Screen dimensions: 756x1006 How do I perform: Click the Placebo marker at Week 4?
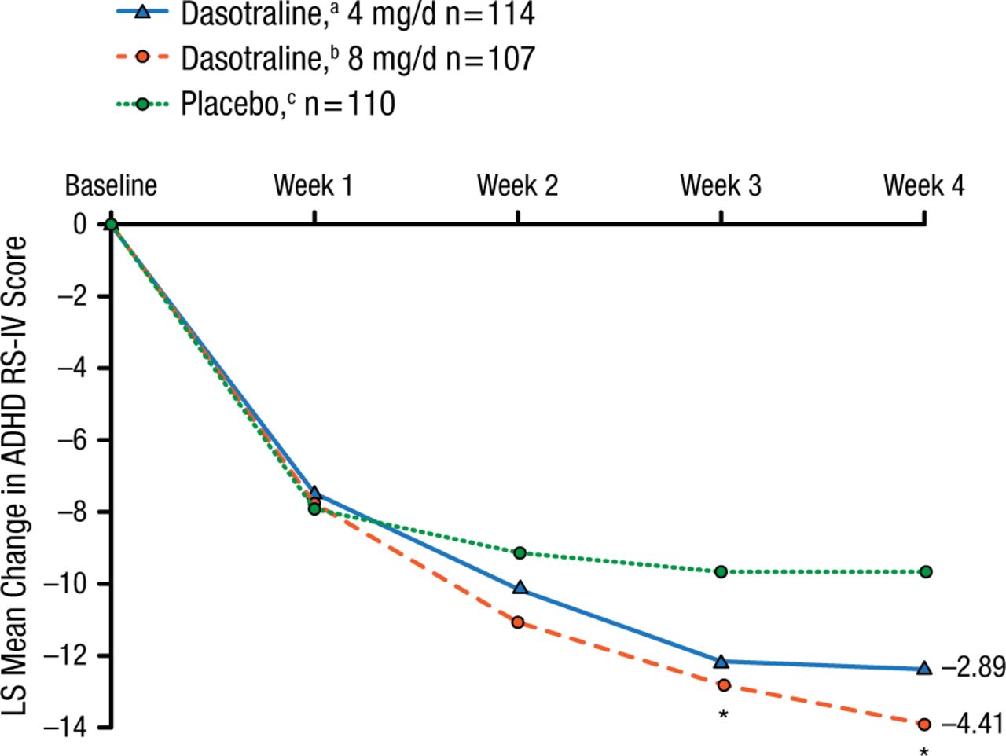925,571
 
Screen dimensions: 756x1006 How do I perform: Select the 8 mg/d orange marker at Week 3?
723,685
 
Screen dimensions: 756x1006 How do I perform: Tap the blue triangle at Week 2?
520,588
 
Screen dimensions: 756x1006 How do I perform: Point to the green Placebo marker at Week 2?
520,553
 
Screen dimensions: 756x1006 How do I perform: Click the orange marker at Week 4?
924,724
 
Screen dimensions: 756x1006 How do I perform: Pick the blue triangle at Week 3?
721,662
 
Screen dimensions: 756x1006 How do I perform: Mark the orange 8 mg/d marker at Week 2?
518,622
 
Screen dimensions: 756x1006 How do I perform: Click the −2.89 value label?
973,668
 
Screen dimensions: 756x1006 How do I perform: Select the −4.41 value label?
973,724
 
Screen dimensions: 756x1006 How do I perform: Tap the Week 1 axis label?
314,186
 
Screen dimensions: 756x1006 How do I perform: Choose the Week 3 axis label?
721,186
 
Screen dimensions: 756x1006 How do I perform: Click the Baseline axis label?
111,186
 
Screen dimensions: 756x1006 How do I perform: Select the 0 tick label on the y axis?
79,225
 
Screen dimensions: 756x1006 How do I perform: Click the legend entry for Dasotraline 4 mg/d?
358,14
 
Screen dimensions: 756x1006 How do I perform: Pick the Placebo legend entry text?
288,105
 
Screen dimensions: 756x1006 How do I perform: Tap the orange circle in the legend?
142,58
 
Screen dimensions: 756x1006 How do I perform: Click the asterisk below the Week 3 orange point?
723,714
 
